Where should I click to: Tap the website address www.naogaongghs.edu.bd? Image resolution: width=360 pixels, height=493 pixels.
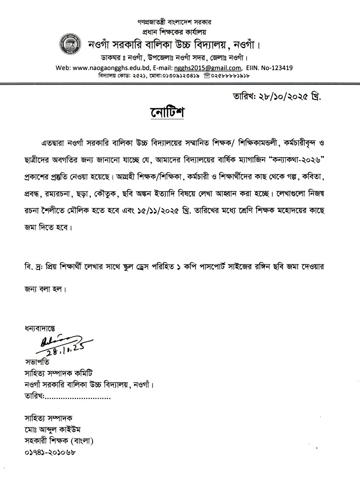tap(108, 68)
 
